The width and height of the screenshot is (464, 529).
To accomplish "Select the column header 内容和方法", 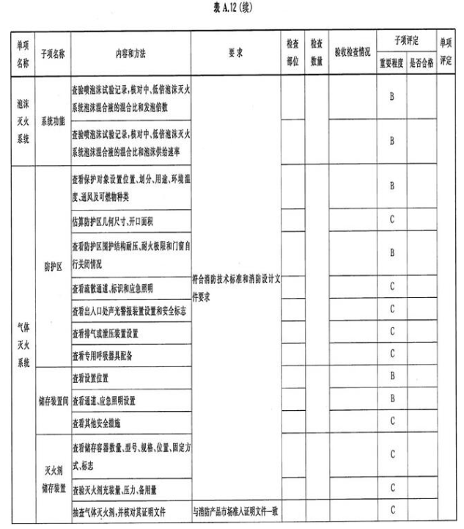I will coord(130,54).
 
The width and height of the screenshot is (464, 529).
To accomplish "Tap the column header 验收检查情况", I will coord(351,54).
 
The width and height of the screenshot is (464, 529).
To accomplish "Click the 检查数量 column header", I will coord(317,54).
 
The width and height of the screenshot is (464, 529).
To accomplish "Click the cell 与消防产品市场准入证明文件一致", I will coord(237,510).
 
